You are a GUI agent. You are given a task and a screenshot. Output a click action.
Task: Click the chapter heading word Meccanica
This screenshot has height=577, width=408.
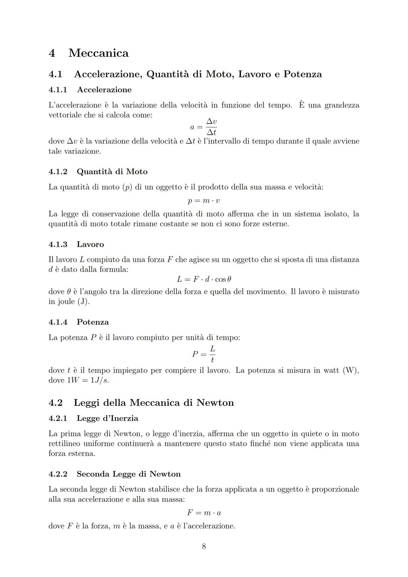[99, 53]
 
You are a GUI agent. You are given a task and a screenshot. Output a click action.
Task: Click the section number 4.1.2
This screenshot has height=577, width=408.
[58, 172]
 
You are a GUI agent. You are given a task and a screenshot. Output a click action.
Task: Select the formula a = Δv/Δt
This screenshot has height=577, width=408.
[204, 127]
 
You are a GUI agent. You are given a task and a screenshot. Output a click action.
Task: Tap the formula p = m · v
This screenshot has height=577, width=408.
[204, 201]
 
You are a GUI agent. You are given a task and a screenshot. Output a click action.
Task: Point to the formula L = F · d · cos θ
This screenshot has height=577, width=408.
[204, 279]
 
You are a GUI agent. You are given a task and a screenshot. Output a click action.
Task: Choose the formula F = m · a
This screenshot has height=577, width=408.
[204, 513]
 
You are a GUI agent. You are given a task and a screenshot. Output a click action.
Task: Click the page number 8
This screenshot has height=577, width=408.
[204, 546]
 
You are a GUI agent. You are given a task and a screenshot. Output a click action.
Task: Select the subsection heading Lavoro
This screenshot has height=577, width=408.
[90, 244]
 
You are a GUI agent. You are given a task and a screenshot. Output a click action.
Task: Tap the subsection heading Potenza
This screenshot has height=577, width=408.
[93, 322]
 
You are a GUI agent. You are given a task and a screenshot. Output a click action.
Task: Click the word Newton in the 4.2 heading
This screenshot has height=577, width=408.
[215, 403]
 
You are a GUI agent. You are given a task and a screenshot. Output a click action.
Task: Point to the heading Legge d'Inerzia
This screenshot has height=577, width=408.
[107, 418]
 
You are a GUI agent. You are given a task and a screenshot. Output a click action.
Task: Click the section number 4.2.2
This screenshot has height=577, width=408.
[58, 474]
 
